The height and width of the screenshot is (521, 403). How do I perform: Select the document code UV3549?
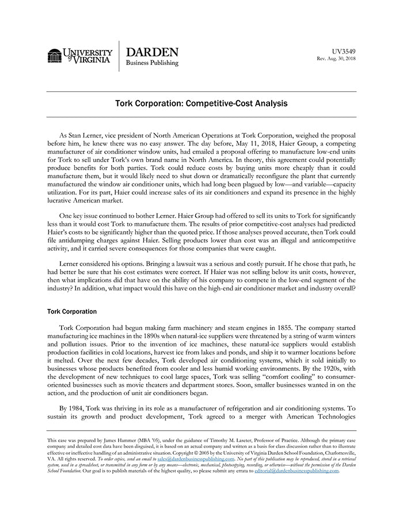(344, 51)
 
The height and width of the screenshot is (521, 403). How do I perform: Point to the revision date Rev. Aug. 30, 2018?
(336, 59)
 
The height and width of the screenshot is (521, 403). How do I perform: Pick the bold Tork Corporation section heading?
(72, 311)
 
